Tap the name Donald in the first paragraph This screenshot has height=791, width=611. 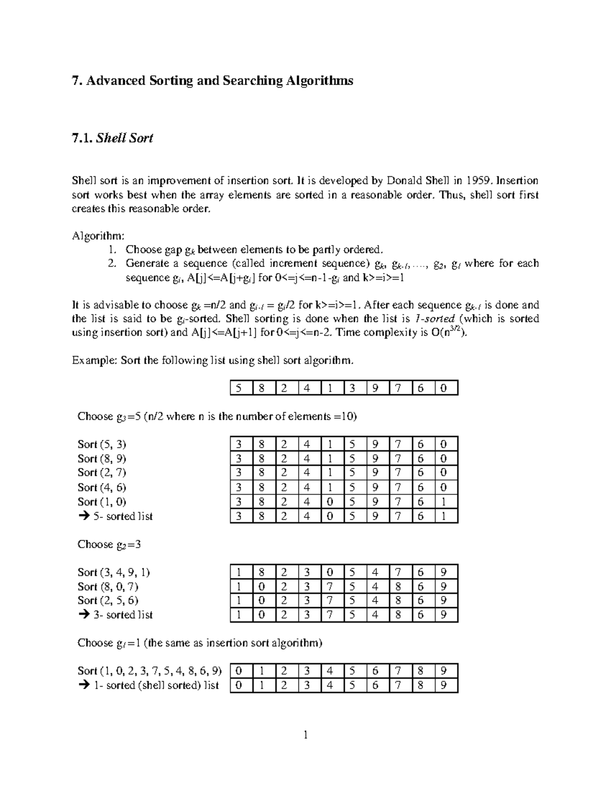(x=405, y=180)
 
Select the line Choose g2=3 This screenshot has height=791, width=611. (x=109, y=544)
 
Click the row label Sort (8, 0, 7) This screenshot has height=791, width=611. (x=108, y=586)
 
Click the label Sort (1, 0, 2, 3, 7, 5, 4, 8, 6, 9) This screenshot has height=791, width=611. (x=150, y=671)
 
